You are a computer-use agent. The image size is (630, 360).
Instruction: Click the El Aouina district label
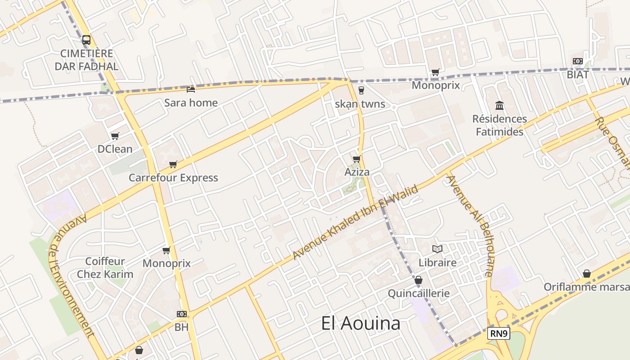pos(360,323)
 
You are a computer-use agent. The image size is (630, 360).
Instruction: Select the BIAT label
pos(578,75)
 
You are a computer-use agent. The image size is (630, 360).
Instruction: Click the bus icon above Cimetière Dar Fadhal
pos(86,40)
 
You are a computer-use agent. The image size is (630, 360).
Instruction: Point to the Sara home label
pos(191,103)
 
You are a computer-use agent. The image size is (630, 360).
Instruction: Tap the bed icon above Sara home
pos(191,89)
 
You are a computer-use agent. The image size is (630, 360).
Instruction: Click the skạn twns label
pos(360,104)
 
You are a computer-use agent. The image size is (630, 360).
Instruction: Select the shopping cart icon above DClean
pos(115,136)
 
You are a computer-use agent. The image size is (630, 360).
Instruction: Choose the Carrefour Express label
pos(173,178)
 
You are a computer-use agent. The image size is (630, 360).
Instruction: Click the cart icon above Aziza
pos(357,159)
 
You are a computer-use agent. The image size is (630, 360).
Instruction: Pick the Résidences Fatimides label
pos(499,126)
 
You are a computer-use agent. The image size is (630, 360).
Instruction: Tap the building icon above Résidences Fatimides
pos(499,106)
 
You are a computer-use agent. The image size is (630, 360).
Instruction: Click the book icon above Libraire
pos(437,249)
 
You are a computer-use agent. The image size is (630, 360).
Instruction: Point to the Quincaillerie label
pos(418,293)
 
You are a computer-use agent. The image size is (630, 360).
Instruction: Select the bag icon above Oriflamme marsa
pos(587,274)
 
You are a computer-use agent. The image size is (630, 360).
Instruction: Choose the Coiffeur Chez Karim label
pos(105,268)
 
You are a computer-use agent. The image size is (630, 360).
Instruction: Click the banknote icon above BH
pos(182,314)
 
